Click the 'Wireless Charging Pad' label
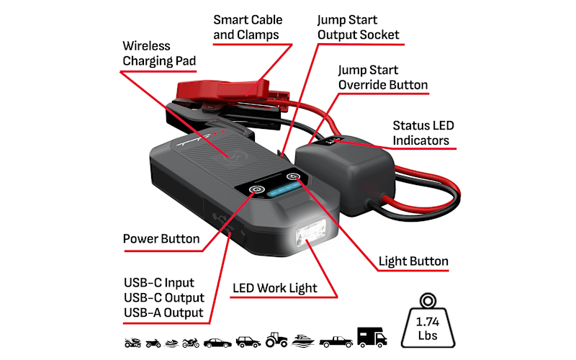pyautogui.click(x=159, y=53)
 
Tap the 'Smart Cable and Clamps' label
pyautogui.click(x=248, y=27)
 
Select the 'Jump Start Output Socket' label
pyautogui.click(x=358, y=27)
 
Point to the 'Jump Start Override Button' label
pyautogui.click(x=383, y=78)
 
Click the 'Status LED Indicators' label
pyautogui.click(x=423, y=133)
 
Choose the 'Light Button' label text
pyautogui.click(x=413, y=261)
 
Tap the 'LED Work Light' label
pyautogui.click(x=275, y=289)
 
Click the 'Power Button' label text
pyautogui.click(x=161, y=239)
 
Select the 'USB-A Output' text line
pyautogui.click(x=163, y=312)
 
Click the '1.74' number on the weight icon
pyautogui.click(x=427, y=322)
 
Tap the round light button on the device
pyautogui.click(x=293, y=176)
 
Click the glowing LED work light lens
pyautogui.click(x=311, y=233)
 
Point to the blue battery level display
pyautogui.click(x=284, y=189)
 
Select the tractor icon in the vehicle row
pyautogui.click(x=276, y=339)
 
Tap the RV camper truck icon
pyautogui.click(x=372, y=337)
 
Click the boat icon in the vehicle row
pyautogui.click(x=303, y=341)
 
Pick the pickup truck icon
pyautogui.click(x=336, y=341)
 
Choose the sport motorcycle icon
pyautogui.click(x=191, y=343)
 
